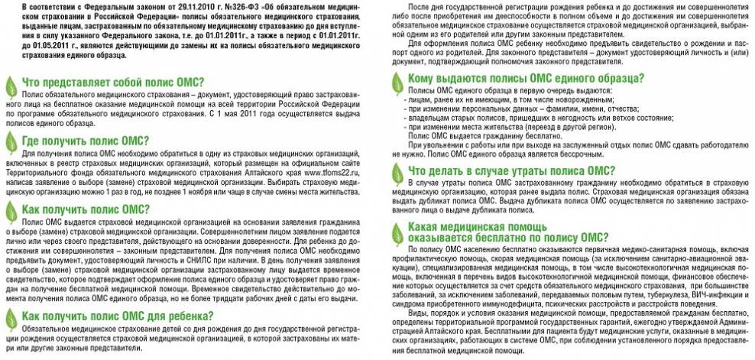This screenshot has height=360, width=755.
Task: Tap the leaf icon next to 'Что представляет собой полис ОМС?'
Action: tap(11, 84)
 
